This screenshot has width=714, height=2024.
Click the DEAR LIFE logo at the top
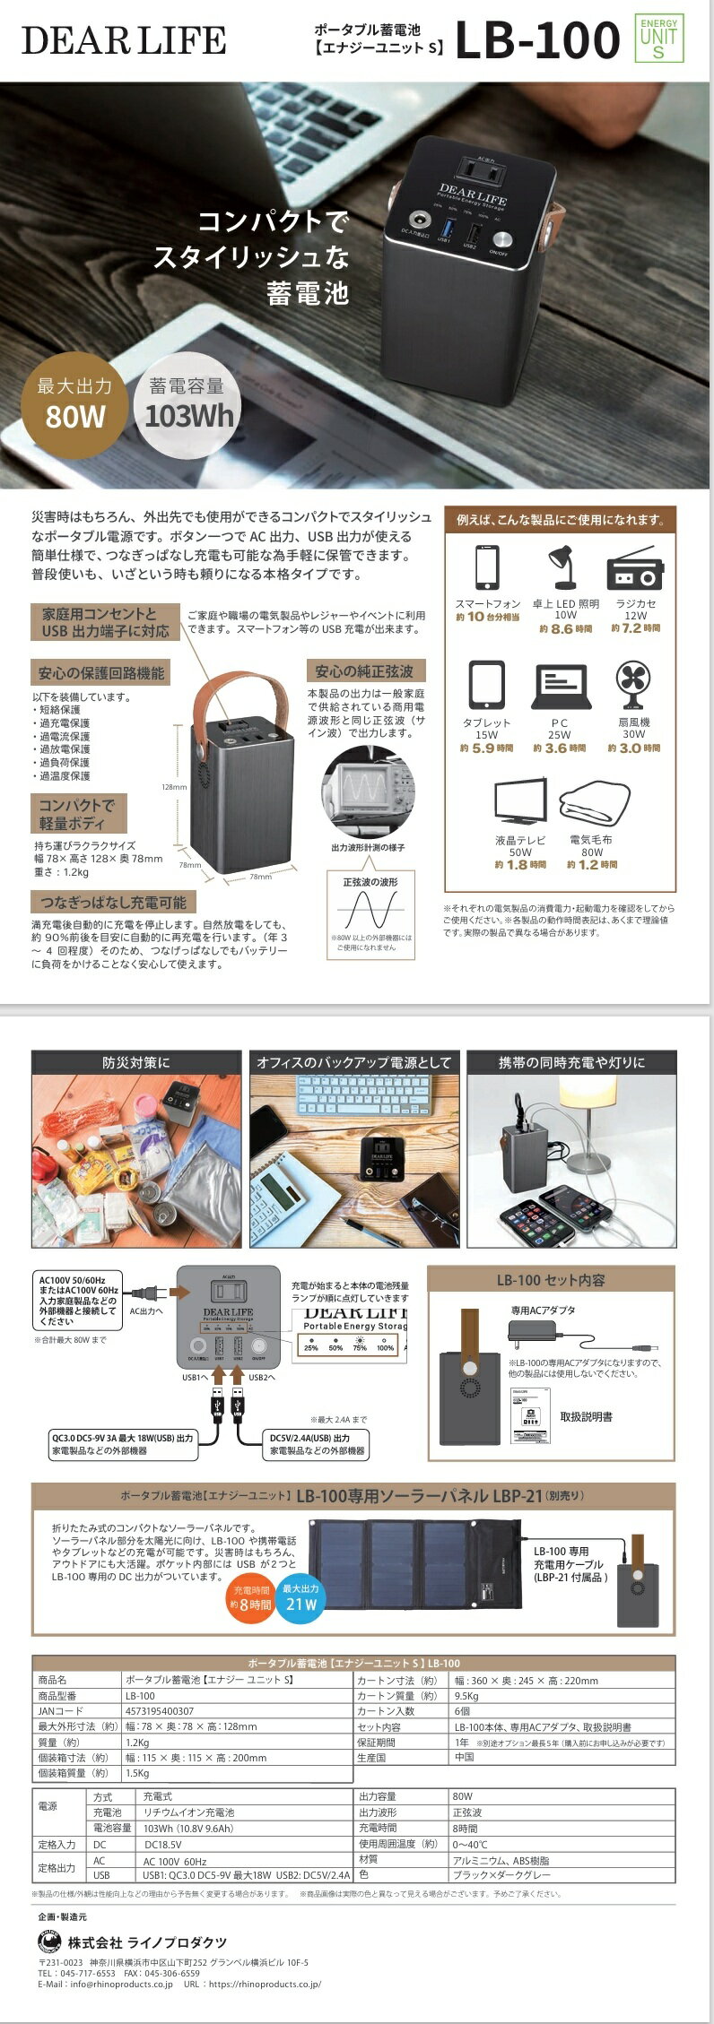pyautogui.click(x=124, y=40)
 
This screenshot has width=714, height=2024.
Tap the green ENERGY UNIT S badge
pyautogui.click(x=659, y=38)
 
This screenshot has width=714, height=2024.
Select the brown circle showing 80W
pyautogui.click(x=74, y=402)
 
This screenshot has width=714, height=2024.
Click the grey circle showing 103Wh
pyautogui.click(x=187, y=402)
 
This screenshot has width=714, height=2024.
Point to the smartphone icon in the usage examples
pyautogui.click(x=487, y=567)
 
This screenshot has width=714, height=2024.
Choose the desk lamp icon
pyautogui.click(x=564, y=567)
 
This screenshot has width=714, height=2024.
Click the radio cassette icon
pyautogui.click(x=635, y=567)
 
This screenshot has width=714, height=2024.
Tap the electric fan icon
pyautogui.click(x=633, y=685)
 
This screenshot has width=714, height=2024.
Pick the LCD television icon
pyautogui.click(x=520, y=801)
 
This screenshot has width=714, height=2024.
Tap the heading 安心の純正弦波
pyautogui.click(x=364, y=671)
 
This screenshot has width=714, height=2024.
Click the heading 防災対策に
pyautogui.click(x=136, y=1063)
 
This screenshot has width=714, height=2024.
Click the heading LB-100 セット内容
pyautogui.click(x=551, y=1280)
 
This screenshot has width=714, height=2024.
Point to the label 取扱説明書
pyautogui.click(x=586, y=1417)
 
